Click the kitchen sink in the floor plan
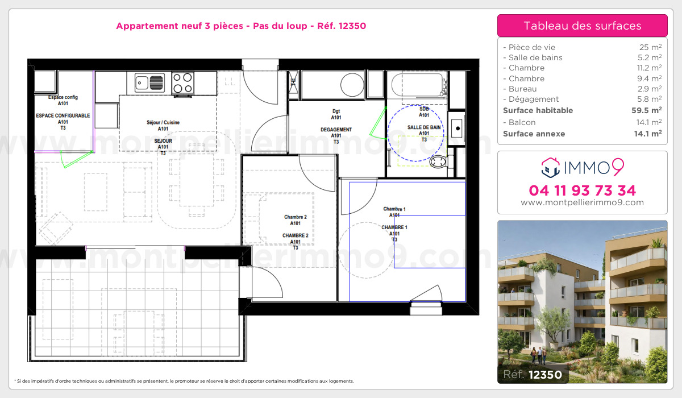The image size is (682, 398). point(149,82)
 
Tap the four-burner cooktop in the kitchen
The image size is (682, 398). point(182,83)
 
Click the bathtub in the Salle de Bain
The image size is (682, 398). point(419,85)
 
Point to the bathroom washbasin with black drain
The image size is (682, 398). point(457,128)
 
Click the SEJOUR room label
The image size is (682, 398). point(163,141)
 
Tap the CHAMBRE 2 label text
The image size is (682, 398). point(296,236)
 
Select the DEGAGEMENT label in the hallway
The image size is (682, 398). point(336,130)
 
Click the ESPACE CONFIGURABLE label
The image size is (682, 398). point(63,116)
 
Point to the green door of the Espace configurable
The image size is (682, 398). point(76,159)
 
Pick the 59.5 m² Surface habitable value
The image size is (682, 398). point(646,110)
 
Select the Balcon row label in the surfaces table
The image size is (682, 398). point(522,122)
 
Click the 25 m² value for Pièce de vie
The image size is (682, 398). point(650,47)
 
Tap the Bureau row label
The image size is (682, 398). point(522,89)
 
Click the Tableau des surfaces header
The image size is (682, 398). point(583,26)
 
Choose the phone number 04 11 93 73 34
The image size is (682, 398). point(582,190)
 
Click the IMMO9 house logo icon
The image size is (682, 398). point(551,168)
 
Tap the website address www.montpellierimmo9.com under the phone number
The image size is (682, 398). point(582,202)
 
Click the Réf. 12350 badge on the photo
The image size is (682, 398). point(533,375)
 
